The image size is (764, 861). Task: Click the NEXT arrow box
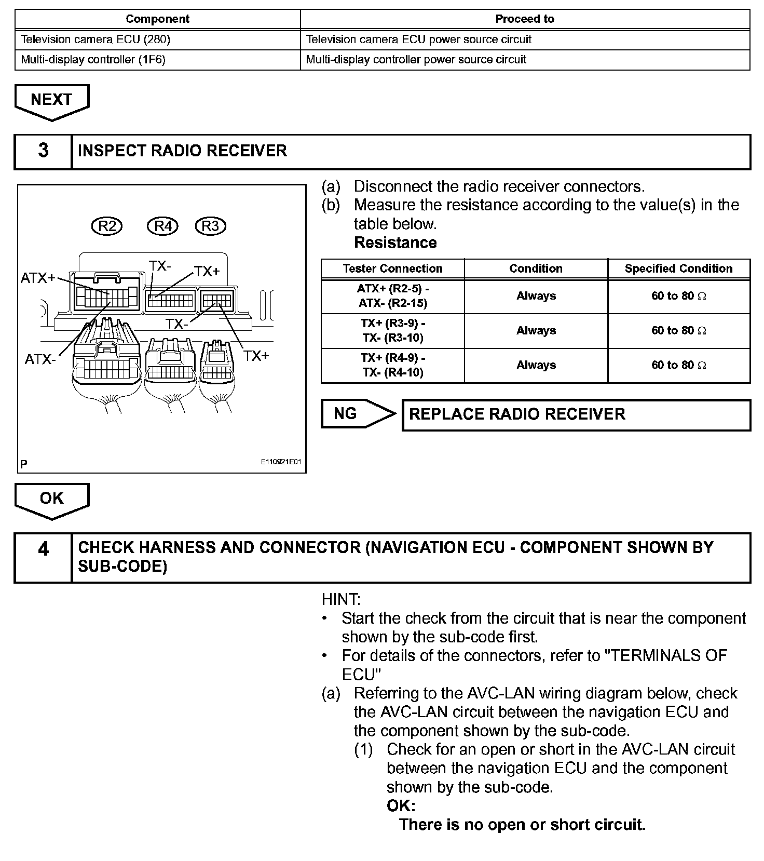tap(51, 100)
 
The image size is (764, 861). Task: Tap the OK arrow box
tap(51, 499)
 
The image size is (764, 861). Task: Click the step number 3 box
tap(43, 151)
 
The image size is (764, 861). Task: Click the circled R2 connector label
tap(107, 226)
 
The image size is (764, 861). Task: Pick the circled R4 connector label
tap(162, 226)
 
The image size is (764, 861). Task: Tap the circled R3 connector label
tap(210, 226)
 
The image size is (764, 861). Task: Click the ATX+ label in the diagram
tap(38, 278)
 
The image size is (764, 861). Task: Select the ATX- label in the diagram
tap(40, 359)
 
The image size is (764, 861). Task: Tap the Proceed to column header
tap(525, 19)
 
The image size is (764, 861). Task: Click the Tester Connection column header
tap(392, 268)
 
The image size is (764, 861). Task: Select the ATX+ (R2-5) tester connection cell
tap(392, 296)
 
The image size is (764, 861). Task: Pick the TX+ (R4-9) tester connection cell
tap(392, 366)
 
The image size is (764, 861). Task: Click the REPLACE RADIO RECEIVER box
tap(576, 414)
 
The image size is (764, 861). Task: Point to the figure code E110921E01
tap(281, 462)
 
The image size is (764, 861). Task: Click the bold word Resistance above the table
tap(395, 243)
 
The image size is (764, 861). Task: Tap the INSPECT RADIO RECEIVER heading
tap(182, 151)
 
